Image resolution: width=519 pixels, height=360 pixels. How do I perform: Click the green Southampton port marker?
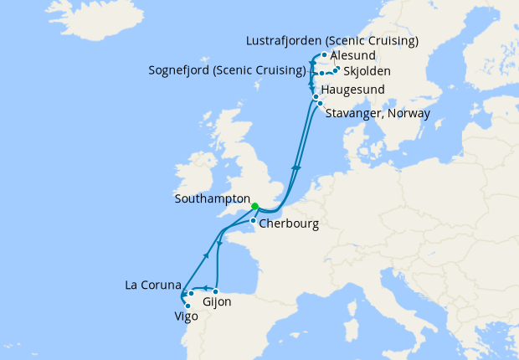click(x=254, y=205)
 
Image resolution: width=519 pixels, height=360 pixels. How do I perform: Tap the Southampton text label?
click(x=213, y=201)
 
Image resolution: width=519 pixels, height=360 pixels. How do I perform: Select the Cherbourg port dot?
click(x=254, y=221)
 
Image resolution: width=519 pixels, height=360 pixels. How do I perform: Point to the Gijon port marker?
click(x=216, y=291)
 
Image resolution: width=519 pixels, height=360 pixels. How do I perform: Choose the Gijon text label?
click(x=218, y=302)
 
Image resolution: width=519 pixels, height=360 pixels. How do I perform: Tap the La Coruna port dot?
click(x=191, y=293)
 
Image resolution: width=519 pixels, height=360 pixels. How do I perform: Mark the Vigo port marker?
click(x=188, y=306)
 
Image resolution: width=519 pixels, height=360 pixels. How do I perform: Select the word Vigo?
click(x=187, y=318)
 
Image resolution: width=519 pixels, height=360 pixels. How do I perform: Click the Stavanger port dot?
click(x=320, y=104)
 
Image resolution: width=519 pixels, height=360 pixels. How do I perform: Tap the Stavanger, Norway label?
click(x=377, y=113)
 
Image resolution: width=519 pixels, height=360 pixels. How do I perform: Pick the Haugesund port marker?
click(x=316, y=97)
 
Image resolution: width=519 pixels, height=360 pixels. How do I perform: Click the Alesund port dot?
click(x=324, y=55)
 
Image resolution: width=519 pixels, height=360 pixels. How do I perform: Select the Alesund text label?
click(x=353, y=55)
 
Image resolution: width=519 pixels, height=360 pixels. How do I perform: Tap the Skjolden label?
click(x=367, y=72)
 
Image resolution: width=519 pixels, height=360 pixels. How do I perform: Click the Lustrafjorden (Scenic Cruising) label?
click(x=333, y=40)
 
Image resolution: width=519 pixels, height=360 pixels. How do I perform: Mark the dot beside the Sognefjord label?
click(x=321, y=74)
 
